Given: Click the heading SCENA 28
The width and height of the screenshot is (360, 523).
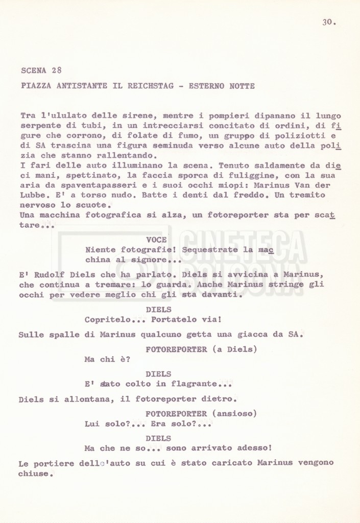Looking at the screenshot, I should click(x=42, y=70).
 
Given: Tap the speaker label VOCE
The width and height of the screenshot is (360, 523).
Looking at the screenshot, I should click(x=156, y=240).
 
